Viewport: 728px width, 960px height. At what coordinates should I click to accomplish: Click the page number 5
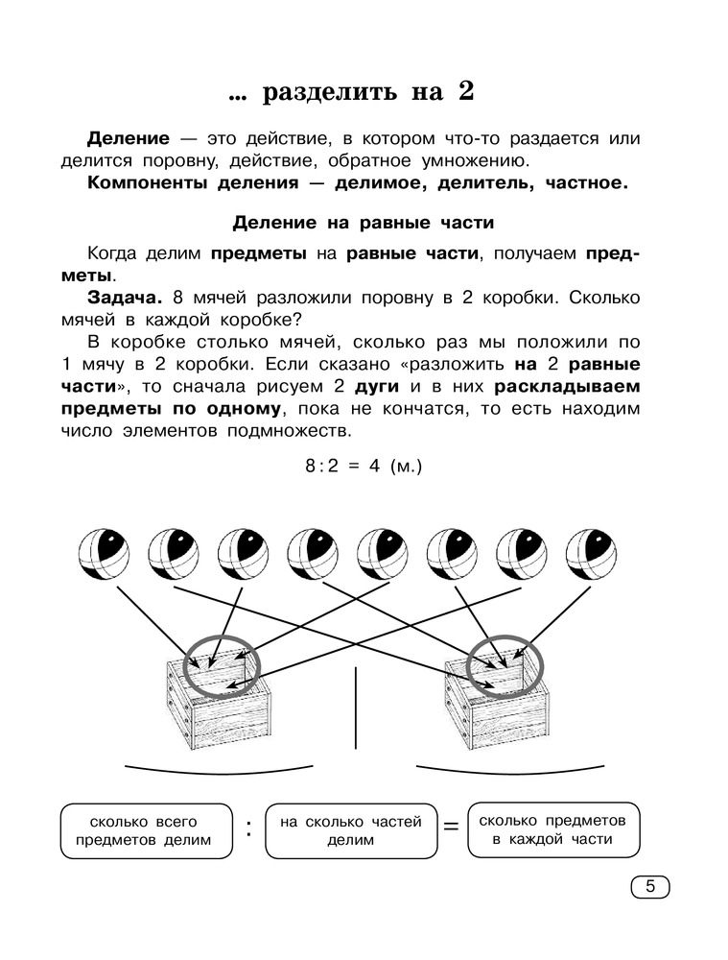coord(649,886)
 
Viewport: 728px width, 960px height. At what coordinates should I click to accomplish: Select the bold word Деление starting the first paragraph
coord(128,138)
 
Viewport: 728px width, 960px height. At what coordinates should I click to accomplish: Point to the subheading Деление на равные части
coord(364,224)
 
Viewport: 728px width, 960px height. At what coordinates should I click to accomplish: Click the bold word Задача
coord(123,298)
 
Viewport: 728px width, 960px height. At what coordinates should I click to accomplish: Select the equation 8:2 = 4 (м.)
coord(364,467)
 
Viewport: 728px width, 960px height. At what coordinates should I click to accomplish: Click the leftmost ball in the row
coord(104,554)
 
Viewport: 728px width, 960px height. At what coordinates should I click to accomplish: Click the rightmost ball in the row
coord(591,554)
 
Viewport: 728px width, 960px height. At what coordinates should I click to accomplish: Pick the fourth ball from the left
coord(313,554)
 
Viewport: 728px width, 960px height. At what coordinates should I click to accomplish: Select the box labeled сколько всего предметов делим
coord(147,831)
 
